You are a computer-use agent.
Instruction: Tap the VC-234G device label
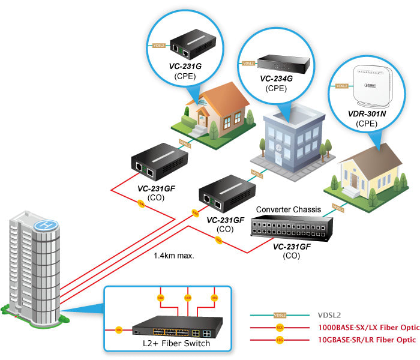pos(276,79)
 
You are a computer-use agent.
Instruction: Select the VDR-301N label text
pos(374,113)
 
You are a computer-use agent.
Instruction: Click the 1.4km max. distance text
pos(170,255)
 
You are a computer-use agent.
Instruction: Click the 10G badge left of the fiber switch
pos(119,329)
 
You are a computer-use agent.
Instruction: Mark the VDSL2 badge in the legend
pos(279,314)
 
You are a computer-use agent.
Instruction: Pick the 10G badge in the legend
pos(279,340)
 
